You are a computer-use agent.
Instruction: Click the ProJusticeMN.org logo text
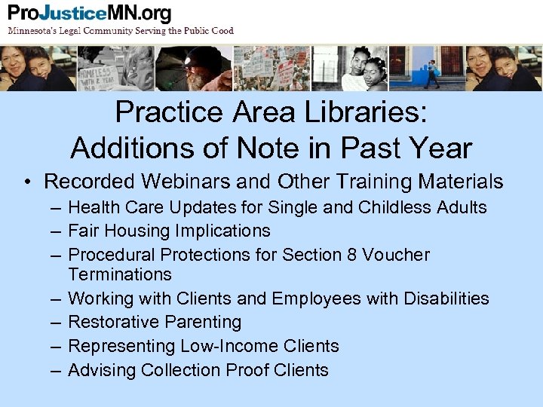point(90,14)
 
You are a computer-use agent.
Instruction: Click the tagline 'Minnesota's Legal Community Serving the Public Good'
point(121,31)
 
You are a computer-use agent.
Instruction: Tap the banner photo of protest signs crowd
point(272,69)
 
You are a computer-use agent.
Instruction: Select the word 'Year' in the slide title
point(440,148)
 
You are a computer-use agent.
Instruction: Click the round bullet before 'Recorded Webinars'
point(27,182)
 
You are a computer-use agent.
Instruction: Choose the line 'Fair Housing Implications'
point(169,231)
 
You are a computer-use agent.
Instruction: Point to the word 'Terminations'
point(120,274)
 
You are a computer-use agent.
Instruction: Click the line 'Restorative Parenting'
point(155,322)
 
